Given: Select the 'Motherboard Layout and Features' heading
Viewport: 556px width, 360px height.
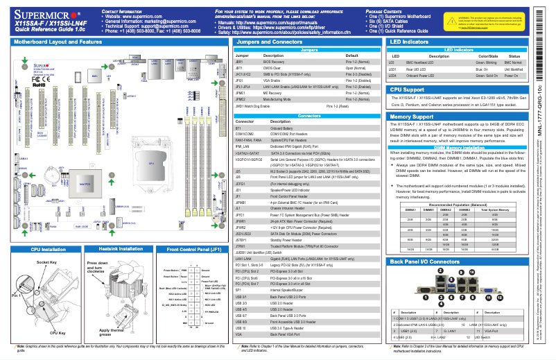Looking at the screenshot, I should [x=58, y=42].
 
